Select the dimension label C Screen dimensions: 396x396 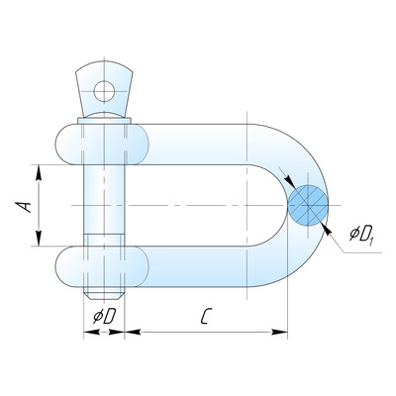pyautogui.click(x=206, y=316)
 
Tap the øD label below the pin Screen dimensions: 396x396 pyautogui.click(x=104, y=316)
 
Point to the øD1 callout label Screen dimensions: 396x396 pyautogui.click(x=361, y=234)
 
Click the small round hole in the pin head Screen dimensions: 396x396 pyautogui.click(x=104, y=91)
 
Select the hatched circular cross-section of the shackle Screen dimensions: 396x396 pyautogui.click(x=308, y=205)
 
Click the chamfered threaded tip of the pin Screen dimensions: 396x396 pyautogui.click(x=104, y=293)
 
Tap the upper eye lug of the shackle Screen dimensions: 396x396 pyautogui.click(x=102, y=145)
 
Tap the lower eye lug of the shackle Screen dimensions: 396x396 pyautogui.click(x=102, y=266)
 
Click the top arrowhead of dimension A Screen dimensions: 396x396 pyautogui.click(x=39, y=172)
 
